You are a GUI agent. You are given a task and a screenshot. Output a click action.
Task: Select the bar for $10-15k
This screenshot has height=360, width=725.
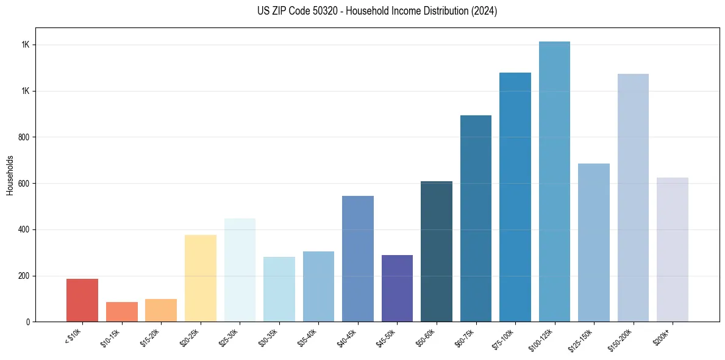pyautogui.click(x=122, y=312)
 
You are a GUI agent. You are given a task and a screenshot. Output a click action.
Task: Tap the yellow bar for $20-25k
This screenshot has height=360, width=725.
pyautogui.click(x=201, y=278)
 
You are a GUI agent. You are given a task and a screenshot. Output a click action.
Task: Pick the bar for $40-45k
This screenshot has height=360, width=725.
pyautogui.click(x=358, y=259)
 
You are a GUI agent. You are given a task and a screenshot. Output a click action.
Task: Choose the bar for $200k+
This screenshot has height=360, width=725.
pyautogui.click(x=673, y=250)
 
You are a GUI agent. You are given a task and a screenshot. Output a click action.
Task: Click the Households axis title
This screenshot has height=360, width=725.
pyautogui.click(x=10, y=175)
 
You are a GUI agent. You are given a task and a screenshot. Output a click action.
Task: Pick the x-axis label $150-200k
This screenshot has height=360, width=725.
pyautogui.click(x=620, y=337)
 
